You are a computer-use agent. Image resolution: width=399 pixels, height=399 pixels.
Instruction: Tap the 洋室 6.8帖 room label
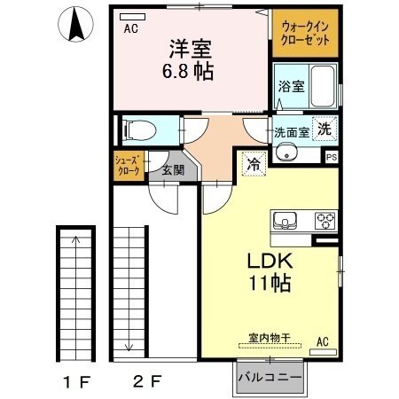pyautogui.click(x=186, y=60)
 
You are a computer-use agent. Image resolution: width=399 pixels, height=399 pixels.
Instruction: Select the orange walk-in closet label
pyautogui.click(x=305, y=35)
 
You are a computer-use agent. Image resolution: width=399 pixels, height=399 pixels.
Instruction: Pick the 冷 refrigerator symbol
pyautogui.click(x=253, y=164)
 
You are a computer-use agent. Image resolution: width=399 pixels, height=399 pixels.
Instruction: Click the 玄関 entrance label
pyautogui.click(x=173, y=169)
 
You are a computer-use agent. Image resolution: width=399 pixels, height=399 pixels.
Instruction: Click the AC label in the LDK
pyautogui.click(x=322, y=341)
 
